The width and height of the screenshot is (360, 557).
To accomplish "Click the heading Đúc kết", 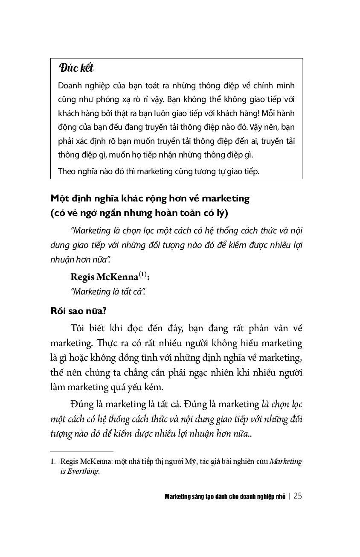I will pos(76,68).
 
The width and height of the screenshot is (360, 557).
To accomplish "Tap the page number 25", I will pos(298,496).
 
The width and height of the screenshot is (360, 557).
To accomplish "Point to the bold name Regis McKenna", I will pos(104,277).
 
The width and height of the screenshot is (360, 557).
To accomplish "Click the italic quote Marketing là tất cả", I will pos(108,292).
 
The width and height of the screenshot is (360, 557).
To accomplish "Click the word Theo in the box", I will pos(66,171).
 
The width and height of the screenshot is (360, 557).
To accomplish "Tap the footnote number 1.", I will pos(52,461).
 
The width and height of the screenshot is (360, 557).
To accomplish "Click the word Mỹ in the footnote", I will pos(189,461).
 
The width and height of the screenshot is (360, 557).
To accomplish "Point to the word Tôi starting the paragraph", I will pos(80,328).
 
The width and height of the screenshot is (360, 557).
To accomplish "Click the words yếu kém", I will pos(148,387).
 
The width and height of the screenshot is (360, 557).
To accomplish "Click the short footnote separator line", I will pos(81,451).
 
